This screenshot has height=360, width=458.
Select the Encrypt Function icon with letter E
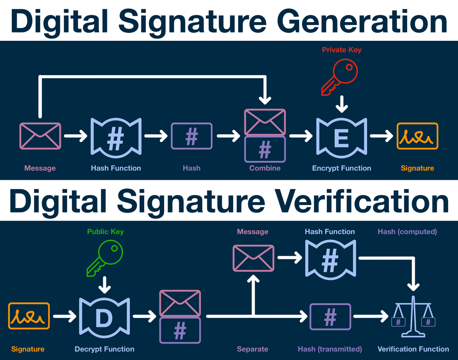click(342, 138)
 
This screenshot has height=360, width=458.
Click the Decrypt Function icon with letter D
click(104, 318)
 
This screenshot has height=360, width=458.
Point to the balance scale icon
click(413, 316)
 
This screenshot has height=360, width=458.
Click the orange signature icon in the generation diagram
click(417, 136)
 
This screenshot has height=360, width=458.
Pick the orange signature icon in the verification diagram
click(29, 316)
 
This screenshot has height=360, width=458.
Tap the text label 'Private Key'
click(342, 50)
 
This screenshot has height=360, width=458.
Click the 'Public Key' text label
click(105, 232)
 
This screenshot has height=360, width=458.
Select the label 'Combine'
click(265, 168)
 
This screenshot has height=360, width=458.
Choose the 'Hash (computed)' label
click(407, 232)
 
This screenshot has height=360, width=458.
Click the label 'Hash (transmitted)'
click(330, 349)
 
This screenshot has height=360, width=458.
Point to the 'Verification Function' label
click(413, 349)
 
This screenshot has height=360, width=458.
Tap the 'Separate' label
click(253, 349)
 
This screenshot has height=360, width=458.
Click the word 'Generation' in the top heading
click(362, 21)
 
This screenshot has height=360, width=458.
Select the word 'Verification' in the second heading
click(362, 201)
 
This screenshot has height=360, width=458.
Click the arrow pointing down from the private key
click(342, 104)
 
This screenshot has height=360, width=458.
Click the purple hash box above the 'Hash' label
click(192, 136)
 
